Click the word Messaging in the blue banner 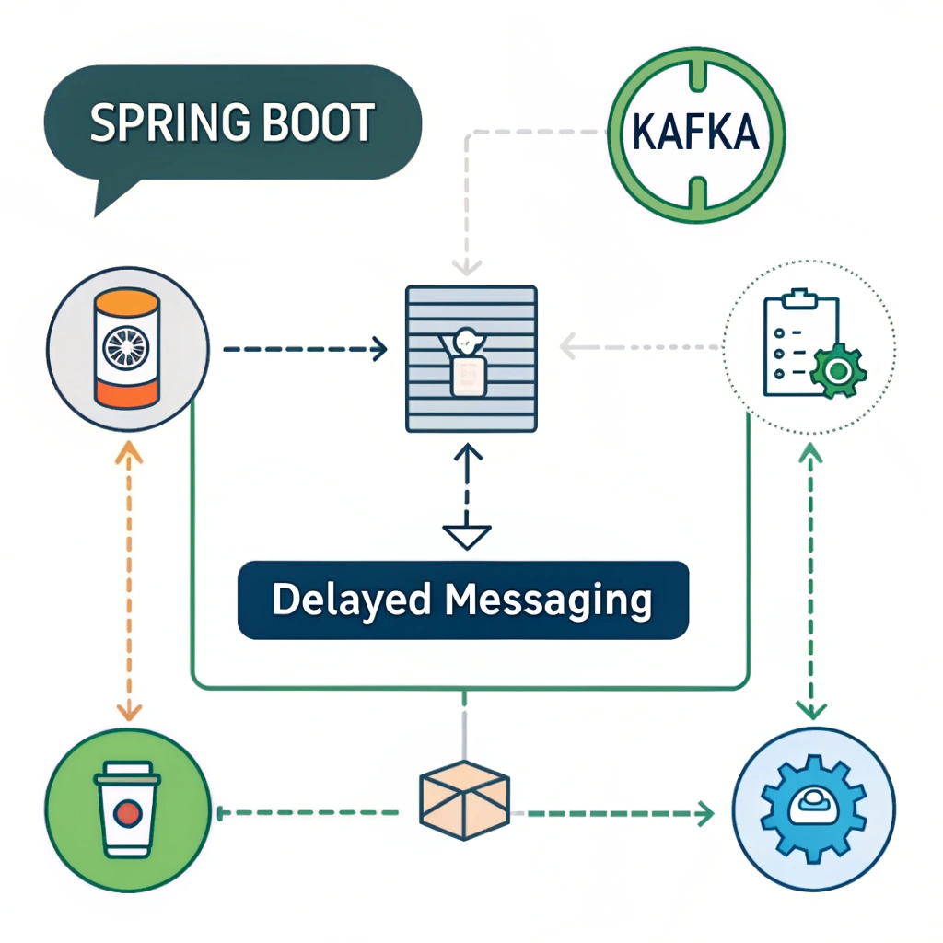547,600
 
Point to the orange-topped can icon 127,348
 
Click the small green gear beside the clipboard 836,371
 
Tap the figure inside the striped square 467,362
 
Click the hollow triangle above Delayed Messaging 467,535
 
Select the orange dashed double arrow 128,580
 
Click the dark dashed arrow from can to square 304,349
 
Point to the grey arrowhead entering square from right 570,346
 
